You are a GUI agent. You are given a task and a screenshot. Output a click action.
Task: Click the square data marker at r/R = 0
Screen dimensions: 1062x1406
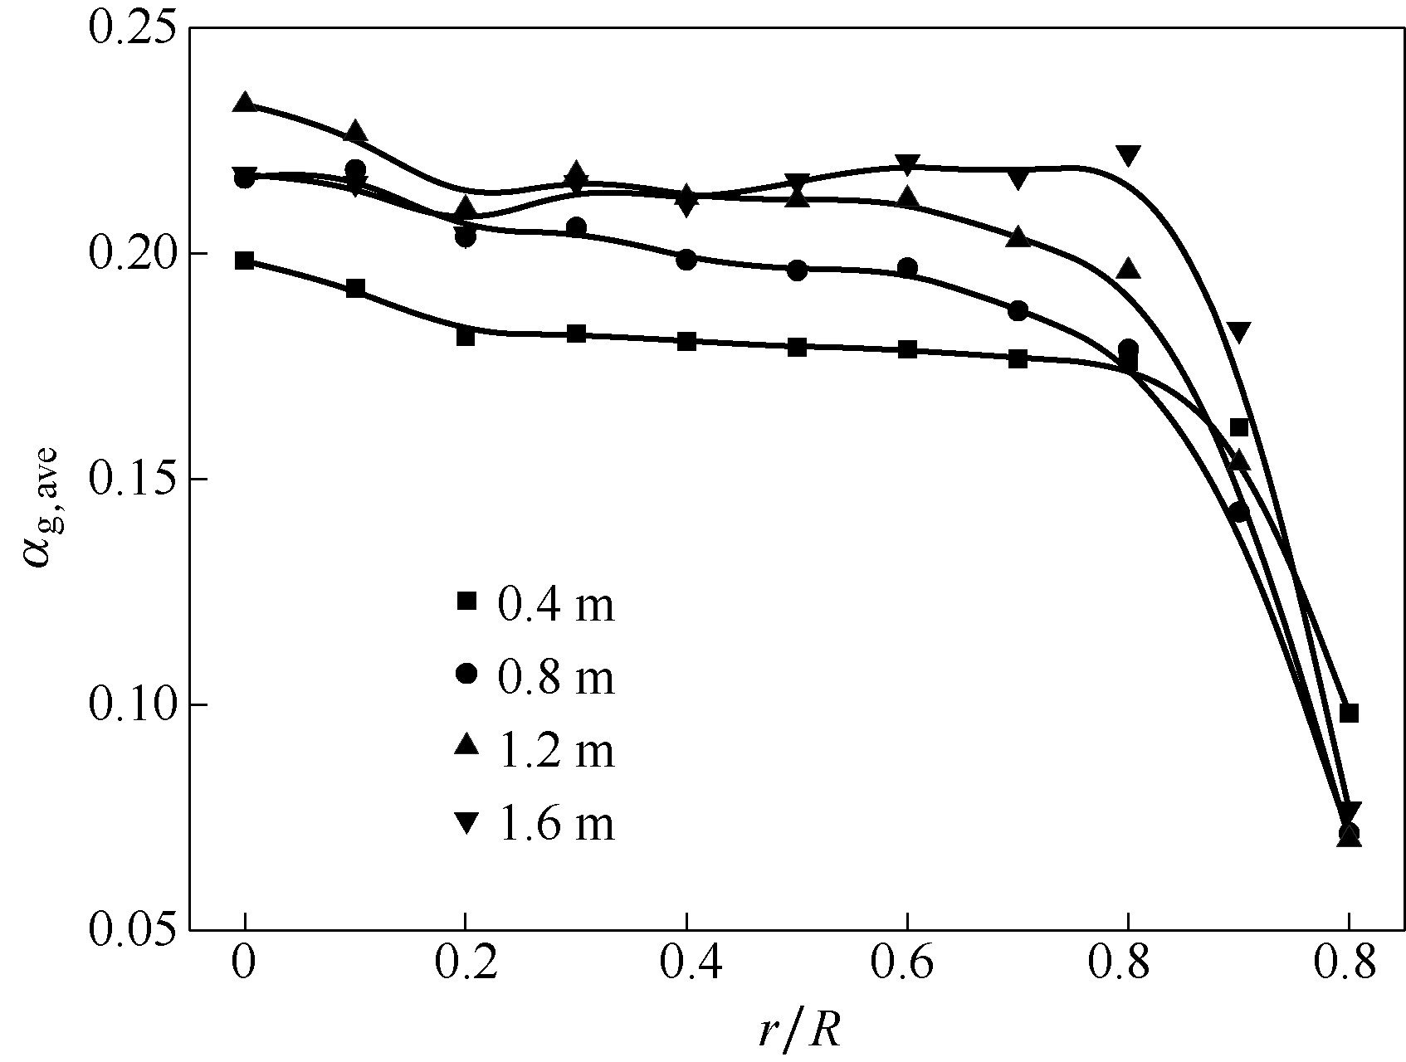244,261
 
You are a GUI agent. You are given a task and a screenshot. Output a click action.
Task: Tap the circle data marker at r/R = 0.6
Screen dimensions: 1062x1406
907,268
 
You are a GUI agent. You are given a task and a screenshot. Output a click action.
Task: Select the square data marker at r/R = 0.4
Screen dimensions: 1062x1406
686,341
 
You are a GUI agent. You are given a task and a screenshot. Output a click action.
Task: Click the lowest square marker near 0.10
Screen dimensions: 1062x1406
1349,713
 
